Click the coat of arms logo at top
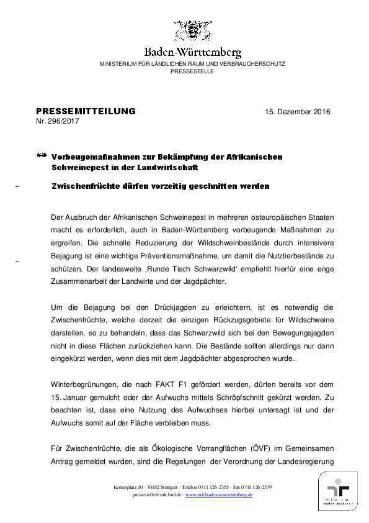coord(192,31)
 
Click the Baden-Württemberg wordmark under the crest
coord(192,52)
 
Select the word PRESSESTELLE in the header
coord(192,71)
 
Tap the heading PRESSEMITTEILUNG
coord(86,111)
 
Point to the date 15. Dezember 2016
coord(297,112)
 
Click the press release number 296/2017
coord(64,121)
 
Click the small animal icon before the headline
coord(42,155)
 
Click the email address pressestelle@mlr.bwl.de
coord(157,495)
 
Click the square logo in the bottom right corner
coord(338,491)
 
